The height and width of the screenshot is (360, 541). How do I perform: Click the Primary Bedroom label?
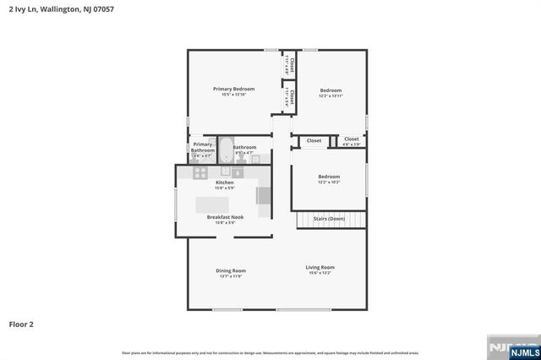(x=233, y=89)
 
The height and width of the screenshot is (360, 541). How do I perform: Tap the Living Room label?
(x=320, y=267)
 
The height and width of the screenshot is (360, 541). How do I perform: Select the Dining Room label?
(x=230, y=270)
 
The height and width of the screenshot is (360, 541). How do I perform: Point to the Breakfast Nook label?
(x=225, y=216)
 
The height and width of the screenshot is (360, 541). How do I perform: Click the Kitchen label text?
(x=225, y=183)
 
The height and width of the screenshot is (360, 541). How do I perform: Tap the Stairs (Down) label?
(x=329, y=218)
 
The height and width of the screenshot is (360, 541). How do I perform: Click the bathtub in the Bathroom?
(x=226, y=151)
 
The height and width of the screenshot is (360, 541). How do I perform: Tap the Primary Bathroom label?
(x=203, y=147)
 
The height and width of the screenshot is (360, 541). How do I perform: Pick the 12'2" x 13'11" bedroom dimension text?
(x=331, y=95)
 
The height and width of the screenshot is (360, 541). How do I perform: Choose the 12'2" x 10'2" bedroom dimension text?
(x=329, y=183)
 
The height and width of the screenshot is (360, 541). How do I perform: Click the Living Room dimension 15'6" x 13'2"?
(x=320, y=273)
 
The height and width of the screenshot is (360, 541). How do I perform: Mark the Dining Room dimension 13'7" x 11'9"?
(x=230, y=276)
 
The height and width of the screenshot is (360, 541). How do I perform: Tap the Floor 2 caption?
(x=21, y=324)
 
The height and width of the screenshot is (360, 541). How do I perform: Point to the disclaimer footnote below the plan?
(x=270, y=352)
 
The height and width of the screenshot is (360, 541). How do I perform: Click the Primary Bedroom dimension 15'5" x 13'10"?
(x=233, y=95)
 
